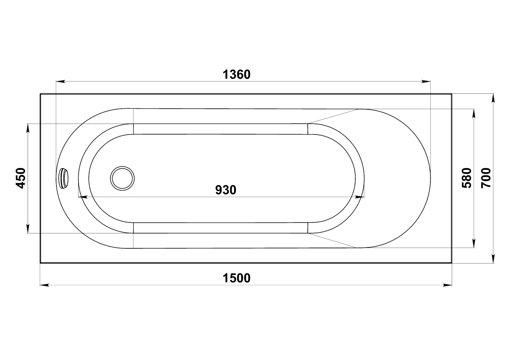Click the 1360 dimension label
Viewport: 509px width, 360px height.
click(236, 75)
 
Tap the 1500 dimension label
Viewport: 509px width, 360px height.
click(236, 278)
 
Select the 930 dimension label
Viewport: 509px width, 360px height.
click(225, 190)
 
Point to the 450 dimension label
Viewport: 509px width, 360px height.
click(21, 178)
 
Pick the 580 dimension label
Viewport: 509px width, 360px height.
click(467, 178)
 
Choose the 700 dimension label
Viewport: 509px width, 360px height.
click(486, 178)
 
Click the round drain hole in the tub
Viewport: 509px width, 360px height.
click(122, 178)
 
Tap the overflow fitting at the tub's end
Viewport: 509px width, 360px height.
click(64, 178)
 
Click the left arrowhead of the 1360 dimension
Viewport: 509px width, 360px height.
click(60, 81)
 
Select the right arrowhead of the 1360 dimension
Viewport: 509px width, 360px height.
click(426, 81)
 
